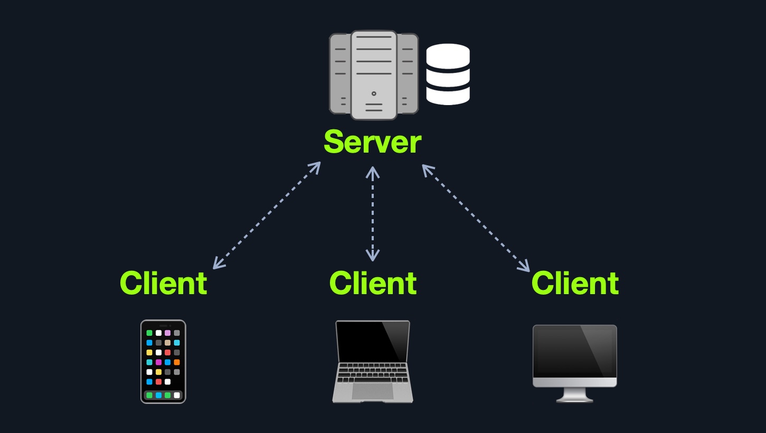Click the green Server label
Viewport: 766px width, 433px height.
click(373, 142)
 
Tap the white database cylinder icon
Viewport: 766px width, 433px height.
click(448, 74)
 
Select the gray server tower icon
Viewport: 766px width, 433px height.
click(374, 75)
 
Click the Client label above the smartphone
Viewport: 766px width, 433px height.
click(164, 283)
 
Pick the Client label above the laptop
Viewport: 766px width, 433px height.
click(373, 283)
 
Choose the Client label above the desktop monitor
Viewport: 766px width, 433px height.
click(575, 283)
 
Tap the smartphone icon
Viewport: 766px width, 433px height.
click(163, 362)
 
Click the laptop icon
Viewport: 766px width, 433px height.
click(373, 362)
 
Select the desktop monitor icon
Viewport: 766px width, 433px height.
click(574, 363)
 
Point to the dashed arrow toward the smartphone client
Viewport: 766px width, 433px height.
click(267, 215)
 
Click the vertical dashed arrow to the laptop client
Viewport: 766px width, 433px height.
click(373, 214)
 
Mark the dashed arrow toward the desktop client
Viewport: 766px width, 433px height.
click(476, 218)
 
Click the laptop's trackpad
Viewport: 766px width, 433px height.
click(373, 391)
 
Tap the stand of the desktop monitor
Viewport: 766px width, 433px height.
click(574, 394)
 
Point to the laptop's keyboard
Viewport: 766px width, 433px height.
click(373, 372)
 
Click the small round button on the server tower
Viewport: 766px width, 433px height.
click(374, 93)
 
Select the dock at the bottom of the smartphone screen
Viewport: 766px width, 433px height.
click(163, 395)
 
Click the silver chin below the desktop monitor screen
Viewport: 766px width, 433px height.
click(574, 382)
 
